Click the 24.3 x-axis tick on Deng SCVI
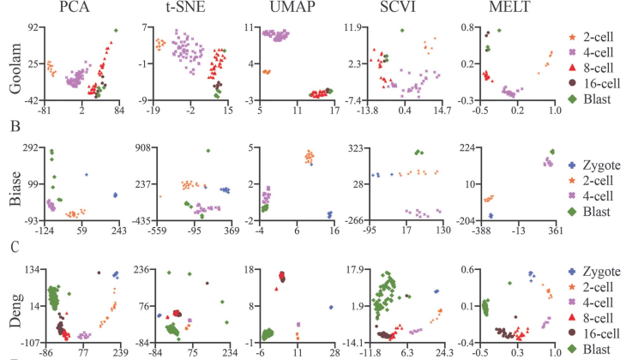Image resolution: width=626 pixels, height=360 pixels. click(442, 351)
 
